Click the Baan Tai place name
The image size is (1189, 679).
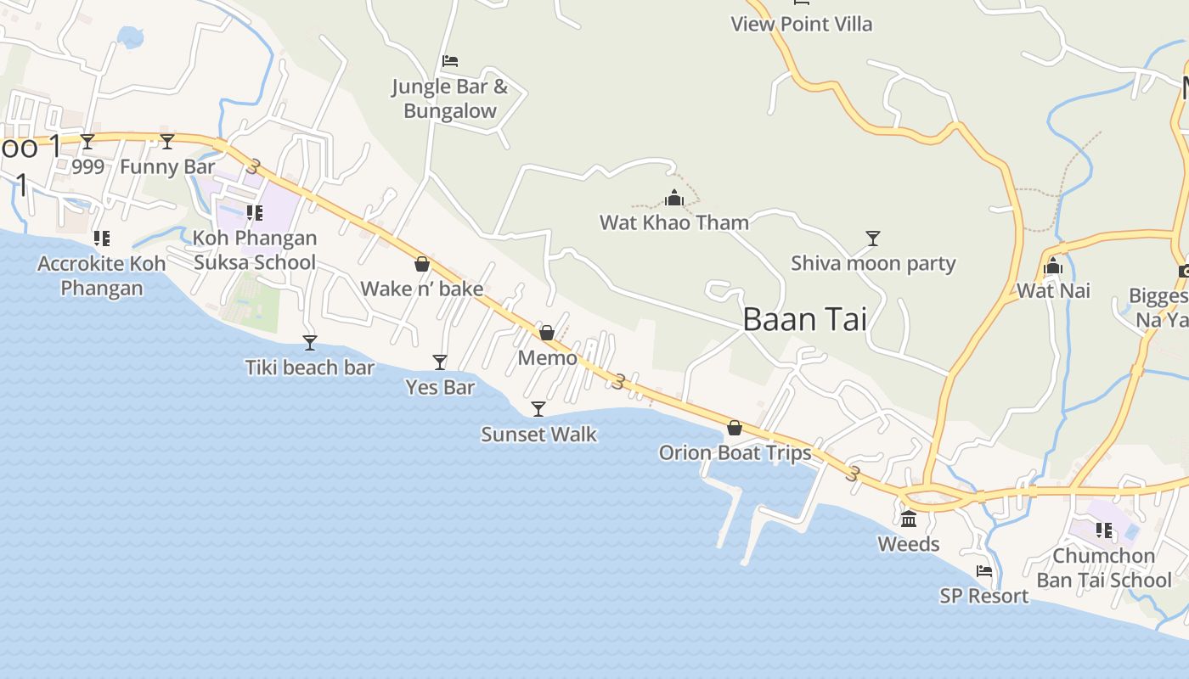804,319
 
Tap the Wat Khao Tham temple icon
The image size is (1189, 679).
674,199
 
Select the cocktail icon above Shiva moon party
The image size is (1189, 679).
872,238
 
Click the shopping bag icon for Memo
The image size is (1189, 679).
547,332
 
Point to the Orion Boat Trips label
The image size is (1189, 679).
735,452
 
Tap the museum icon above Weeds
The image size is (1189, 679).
909,519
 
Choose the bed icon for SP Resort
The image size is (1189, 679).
984,571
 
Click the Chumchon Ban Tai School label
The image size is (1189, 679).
1103,568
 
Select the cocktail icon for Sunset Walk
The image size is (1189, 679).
538,409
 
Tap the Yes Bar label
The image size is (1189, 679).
440,387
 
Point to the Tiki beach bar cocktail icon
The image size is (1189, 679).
310,342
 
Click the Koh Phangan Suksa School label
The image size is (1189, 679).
255,250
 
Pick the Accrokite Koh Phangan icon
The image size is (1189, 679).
102,238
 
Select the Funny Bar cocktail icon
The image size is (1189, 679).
167,141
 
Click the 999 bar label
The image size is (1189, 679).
87,166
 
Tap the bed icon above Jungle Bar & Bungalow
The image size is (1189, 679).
450,61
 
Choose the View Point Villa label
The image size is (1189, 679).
801,24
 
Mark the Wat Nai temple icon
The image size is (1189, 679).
1053,267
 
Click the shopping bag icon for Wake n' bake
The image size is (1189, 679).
422,264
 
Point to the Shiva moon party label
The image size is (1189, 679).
873,263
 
